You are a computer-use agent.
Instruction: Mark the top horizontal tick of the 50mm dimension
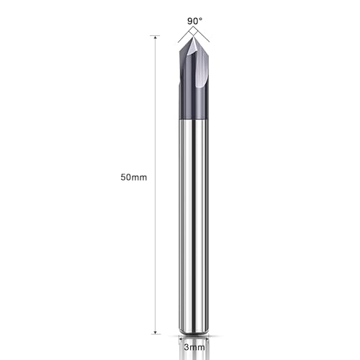pyautogui.click(x=155, y=35)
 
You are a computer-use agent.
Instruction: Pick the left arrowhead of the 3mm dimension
pyautogui.click(x=180, y=336)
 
